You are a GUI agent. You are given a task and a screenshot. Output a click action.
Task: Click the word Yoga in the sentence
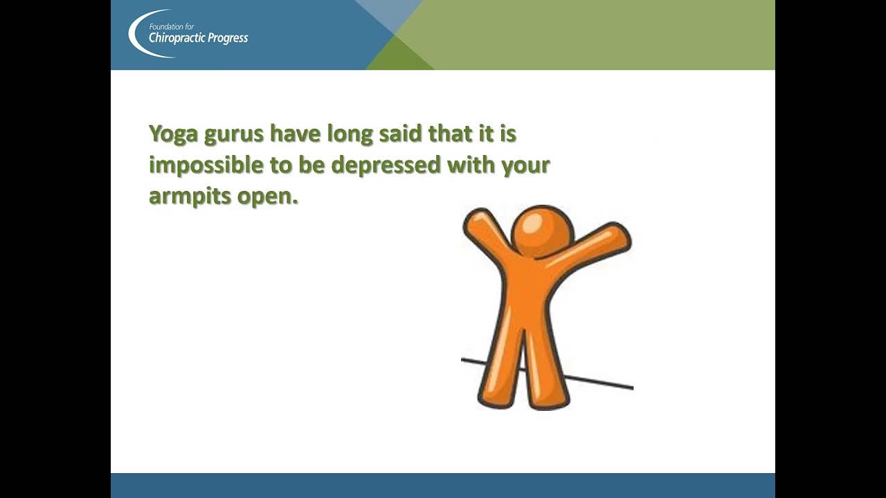click(173, 134)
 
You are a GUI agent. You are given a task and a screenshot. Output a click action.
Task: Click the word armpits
click(190, 196)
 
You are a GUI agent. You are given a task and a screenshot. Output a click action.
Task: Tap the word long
click(350, 134)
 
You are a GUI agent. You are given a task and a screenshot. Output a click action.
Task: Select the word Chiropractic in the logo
click(177, 38)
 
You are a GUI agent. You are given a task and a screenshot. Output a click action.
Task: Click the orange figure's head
click(542, 232)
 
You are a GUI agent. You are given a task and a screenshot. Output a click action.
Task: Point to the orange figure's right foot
click(554, 399)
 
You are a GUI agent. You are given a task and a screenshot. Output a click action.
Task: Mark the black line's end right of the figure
click(631, 387)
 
